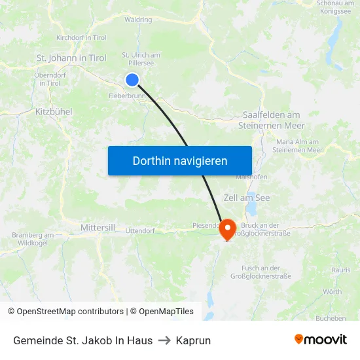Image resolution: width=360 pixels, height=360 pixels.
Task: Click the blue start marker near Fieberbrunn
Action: click(132, 80)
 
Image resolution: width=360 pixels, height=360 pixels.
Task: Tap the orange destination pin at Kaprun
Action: click(227, 229)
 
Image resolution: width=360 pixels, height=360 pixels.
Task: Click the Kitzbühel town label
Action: click(54, 112)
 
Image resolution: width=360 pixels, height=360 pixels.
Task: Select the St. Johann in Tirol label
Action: click(71, 58)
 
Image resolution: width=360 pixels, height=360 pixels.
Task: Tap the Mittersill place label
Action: click(98, 227)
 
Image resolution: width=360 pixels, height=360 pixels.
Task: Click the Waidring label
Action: click(138, 20)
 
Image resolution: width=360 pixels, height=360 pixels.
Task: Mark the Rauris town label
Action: click(340, 270)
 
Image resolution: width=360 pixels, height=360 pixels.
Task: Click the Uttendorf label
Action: click(139, 230)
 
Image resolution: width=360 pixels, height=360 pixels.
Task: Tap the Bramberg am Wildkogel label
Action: click(33, 239)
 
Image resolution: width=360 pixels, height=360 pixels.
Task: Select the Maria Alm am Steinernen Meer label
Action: click(300, 145)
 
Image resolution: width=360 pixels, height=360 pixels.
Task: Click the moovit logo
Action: click(321, 340)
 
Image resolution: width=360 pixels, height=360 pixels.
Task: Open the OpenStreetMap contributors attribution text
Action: click(65, 312)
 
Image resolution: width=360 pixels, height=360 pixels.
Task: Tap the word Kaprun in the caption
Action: click(193, 340)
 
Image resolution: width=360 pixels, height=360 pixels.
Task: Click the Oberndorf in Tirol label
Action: click(50, 79)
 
